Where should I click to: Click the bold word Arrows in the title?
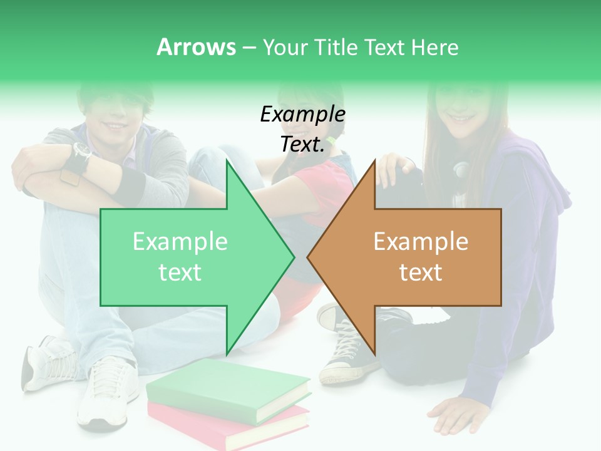196,47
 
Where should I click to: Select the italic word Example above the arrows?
302,115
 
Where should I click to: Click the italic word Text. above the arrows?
302,144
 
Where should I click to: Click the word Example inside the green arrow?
180,242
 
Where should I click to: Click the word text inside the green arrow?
180,272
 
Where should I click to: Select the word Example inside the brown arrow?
421,242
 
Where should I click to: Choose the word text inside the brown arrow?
421,272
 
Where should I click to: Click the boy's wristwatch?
81,151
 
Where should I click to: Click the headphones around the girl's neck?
462,168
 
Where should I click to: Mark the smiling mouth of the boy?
116,125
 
